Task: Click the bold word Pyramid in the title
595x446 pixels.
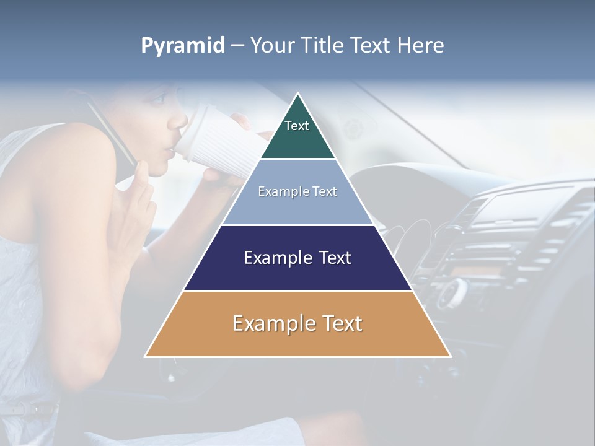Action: (x=182, y=46)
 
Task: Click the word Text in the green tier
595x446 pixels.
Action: (x=296, y=126)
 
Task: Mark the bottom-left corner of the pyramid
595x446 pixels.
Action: (x=145, y=357)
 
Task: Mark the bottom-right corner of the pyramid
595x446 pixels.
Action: (x=451, y=357)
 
